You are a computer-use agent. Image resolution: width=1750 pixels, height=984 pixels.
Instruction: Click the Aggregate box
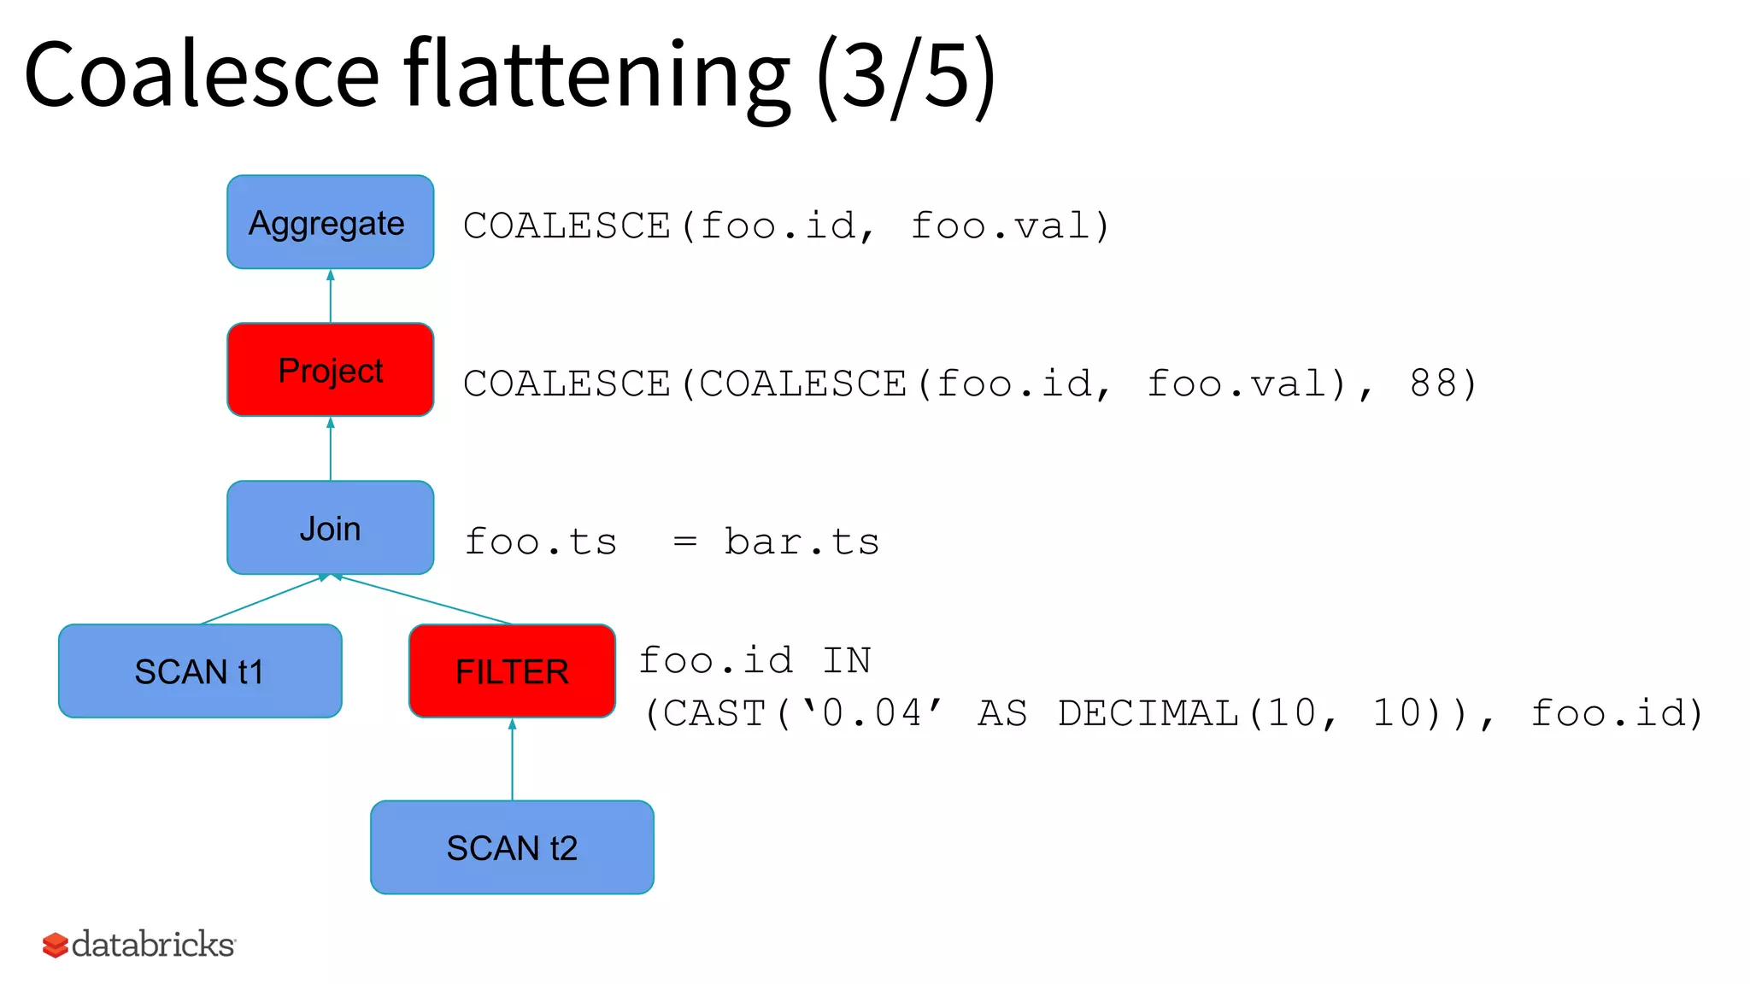(330, 222)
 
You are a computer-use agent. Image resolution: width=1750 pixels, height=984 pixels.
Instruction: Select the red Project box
(330, 370)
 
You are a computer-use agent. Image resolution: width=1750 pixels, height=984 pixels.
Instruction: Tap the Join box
(330, 528)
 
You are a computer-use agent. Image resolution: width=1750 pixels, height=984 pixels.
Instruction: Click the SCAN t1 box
(200, 671)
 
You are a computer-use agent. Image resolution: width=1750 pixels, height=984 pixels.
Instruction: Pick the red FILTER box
(512, 671)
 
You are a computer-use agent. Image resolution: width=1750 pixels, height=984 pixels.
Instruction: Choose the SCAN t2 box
(512, 847)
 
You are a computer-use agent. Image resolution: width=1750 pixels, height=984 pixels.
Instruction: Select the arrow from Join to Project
(331, 448)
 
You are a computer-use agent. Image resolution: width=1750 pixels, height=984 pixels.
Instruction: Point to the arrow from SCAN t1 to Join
(263, 600)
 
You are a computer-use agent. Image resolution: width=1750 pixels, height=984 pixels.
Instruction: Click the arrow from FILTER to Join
(424, 600)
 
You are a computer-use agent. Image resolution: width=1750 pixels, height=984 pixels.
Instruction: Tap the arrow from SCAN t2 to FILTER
(512, 759)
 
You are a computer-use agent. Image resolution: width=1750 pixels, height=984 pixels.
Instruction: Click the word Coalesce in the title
(202, 75)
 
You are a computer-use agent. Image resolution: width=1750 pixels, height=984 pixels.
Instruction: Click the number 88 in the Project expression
(1432, 384)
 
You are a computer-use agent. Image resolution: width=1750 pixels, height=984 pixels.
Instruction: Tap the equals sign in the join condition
(684, 542)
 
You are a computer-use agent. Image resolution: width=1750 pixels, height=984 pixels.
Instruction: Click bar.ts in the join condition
(802, 542)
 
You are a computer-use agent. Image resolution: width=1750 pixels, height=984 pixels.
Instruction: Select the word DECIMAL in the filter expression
(1148, 713)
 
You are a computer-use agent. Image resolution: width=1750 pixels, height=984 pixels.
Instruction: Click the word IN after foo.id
(846, 660)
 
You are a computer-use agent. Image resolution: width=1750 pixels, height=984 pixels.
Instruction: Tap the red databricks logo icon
(56, 945)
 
